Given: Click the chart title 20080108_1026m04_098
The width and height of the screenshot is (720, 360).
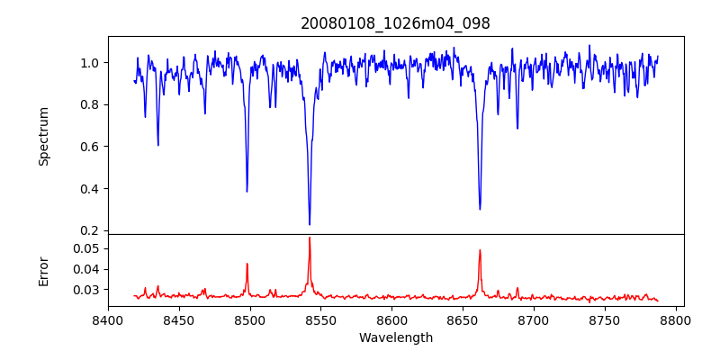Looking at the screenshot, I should pyautogui.click(x=395, y=23).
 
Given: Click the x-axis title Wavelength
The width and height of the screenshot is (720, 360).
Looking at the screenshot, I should pyautogui.click(x=395, y=337).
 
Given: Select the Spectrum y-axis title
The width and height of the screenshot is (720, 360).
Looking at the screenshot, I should pyautogui.click(x=43, y=136).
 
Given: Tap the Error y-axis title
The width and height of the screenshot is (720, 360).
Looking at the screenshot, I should pyautogui.click(x=43, y=270).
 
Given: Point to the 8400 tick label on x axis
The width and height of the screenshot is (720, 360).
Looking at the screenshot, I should pyautogui.click(x=108, y=319).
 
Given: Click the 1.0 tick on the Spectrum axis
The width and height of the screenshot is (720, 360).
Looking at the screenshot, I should pyautogui.click(x=91, y=63).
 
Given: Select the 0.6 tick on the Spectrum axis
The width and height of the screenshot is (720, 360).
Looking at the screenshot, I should pyautogui.click(x=91, y=147).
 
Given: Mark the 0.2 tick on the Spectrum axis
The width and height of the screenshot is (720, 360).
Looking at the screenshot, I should pyautogui.click(x=91, y=230).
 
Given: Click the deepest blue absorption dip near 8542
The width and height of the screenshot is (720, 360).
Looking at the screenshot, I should pyautogui.click(x=310, y=224).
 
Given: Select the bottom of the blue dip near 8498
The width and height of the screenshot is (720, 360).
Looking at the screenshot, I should pyautogui.click(x=247, y=191).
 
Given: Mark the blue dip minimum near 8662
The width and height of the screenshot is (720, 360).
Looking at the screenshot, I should pyautogui.click(x=480, y=209).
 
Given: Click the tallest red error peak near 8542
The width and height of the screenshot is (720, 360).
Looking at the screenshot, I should pyautogui.click(x=310, y=238).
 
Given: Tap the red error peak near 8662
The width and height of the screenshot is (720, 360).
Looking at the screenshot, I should pyautogui.click(x=480, y=250).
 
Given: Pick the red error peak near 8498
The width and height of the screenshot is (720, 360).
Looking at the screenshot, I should pyautogui.click(x=247, y=264).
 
